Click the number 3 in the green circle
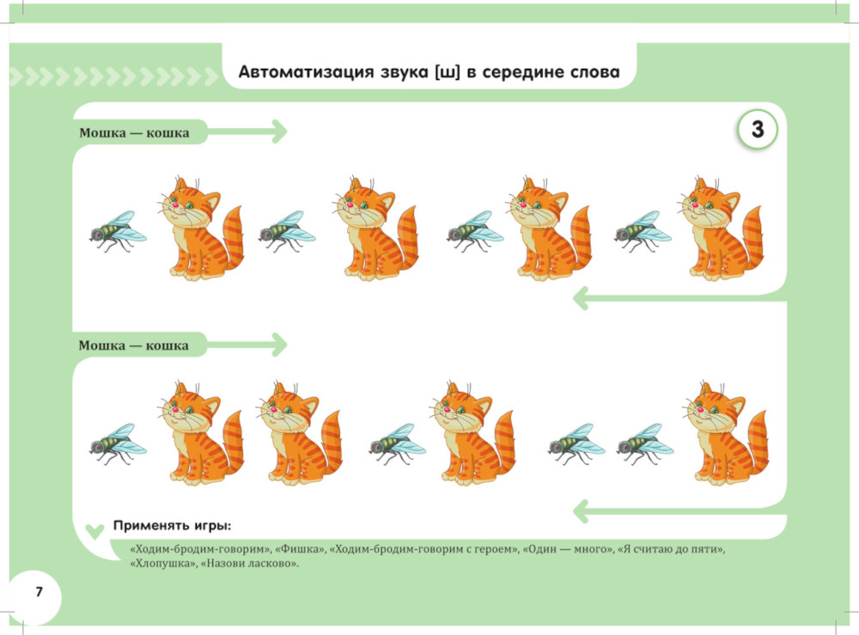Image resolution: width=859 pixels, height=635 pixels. (757, 130)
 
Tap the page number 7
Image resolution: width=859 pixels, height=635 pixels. (38, 593)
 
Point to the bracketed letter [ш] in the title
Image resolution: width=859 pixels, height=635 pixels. (437, 72)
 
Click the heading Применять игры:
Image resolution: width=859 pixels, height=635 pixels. (172, 525)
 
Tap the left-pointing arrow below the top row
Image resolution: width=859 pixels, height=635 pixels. (678, 298)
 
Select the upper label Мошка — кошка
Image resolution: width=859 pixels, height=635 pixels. (134, 132)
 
